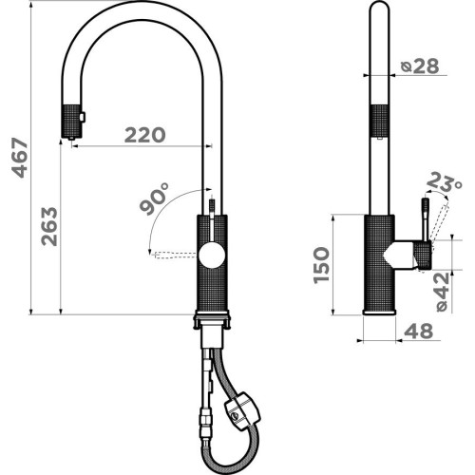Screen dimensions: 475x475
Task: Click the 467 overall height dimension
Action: pos(20,158)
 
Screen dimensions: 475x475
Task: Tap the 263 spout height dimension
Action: pos(49,226)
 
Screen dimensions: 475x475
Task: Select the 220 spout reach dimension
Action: pos(144,135)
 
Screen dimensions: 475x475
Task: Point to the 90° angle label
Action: pos(154,199)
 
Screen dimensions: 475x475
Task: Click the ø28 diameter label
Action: pos(420,66)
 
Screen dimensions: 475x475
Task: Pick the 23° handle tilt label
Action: pos(444,182)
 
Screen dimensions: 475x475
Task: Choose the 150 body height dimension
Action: pos(321,265)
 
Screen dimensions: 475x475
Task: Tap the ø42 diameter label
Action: pos(443,292)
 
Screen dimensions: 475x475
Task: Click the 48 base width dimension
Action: pos(418,331)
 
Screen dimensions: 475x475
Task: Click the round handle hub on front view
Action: pos(212,255)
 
